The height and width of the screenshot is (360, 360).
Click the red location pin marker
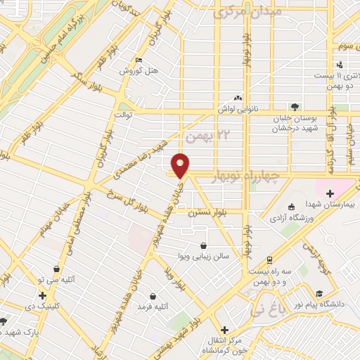click(x=181, y=165)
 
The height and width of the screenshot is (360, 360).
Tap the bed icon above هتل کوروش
click(x=138, y=60)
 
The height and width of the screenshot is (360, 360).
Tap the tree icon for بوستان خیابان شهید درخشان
click(x=295, y=107)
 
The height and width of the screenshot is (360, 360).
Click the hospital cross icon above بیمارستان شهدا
click(x=330, y=174)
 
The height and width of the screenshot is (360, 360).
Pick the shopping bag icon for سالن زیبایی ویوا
click(x=203, y=246)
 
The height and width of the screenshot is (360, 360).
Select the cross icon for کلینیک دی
click(x=43, y=296)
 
